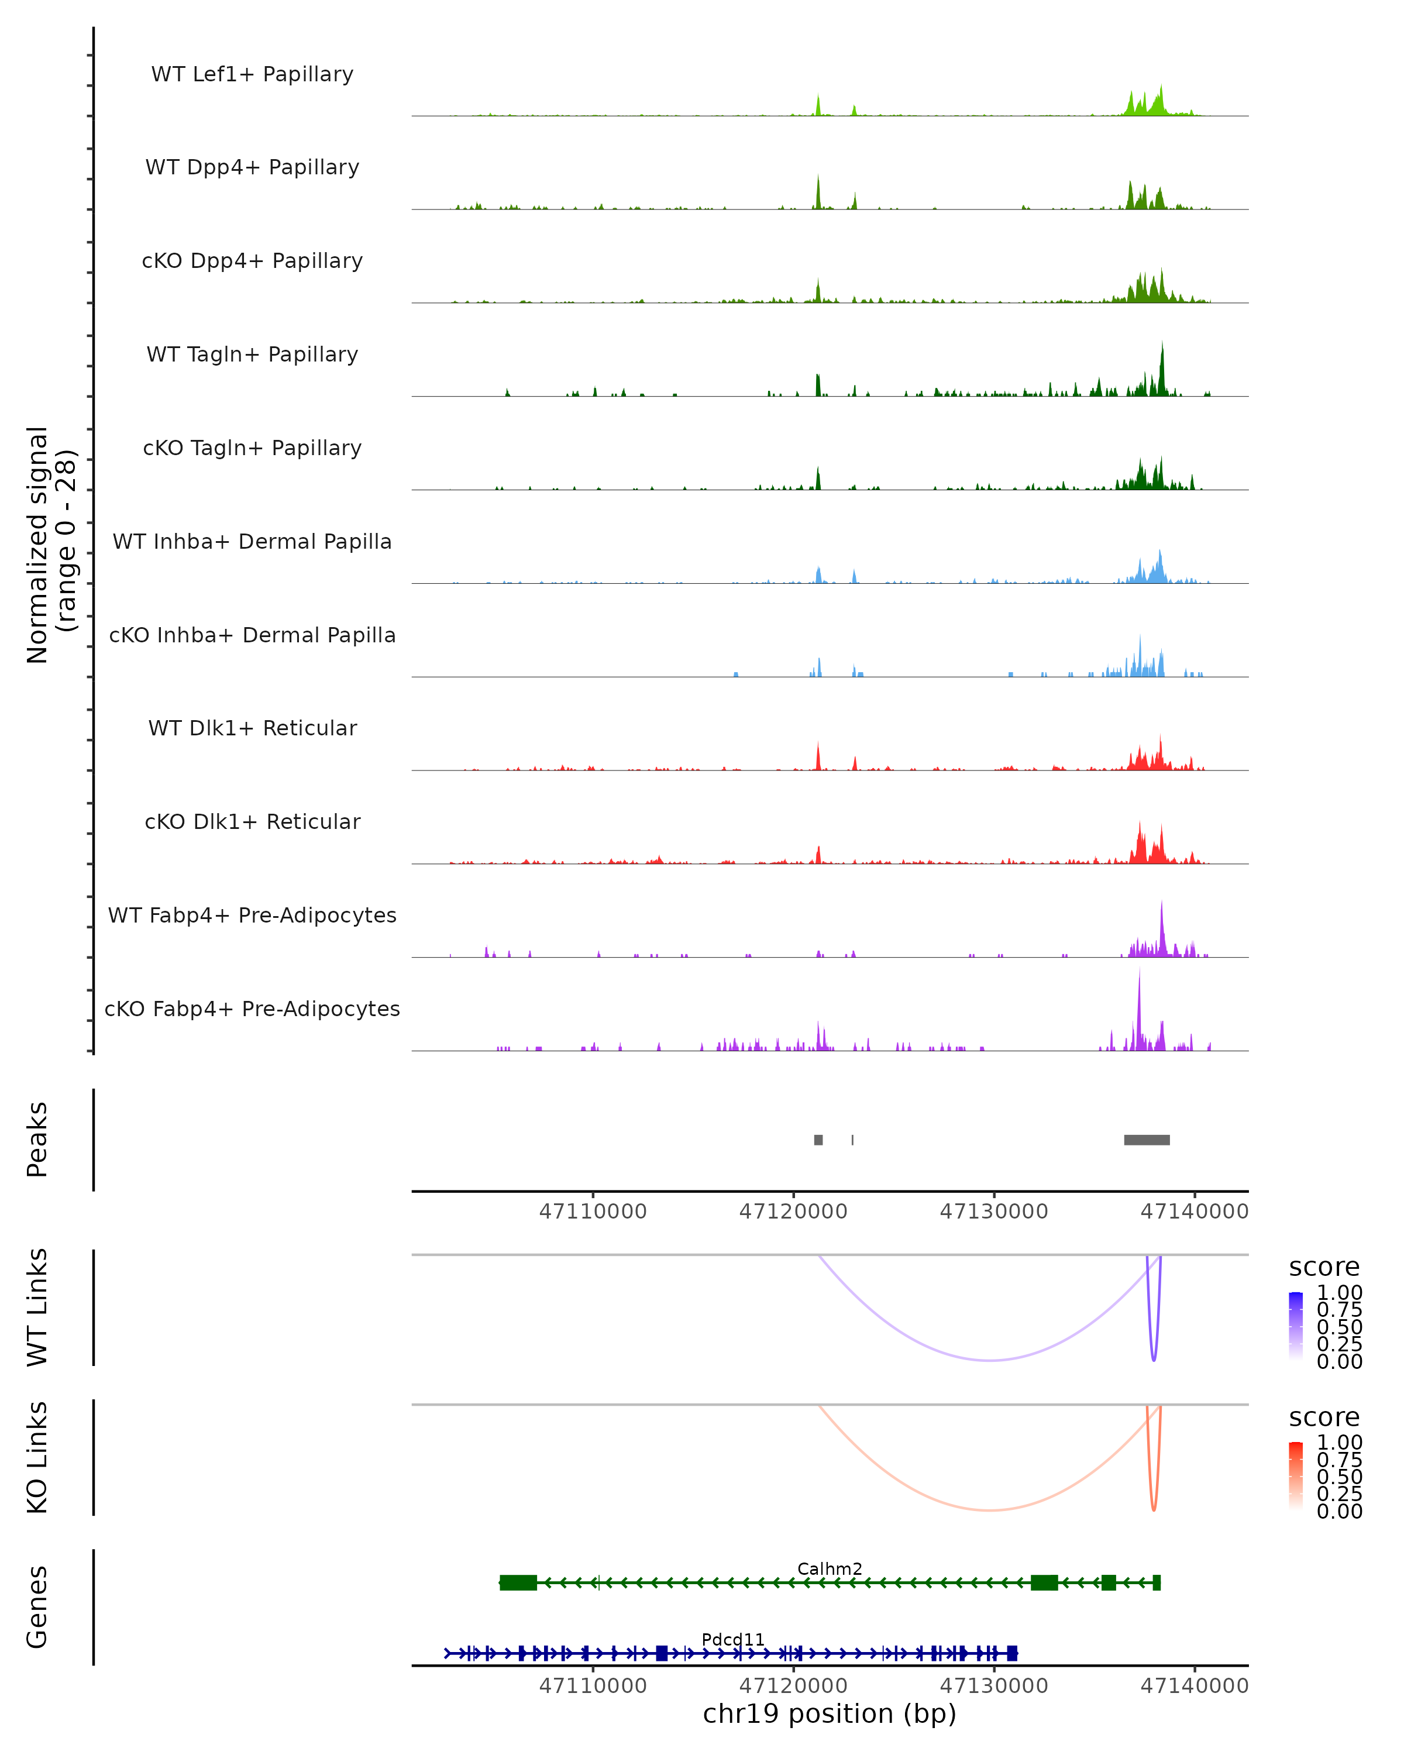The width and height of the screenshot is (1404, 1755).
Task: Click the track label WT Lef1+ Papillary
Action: [252, 74]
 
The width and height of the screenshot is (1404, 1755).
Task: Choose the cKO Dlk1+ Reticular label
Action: [252, 821]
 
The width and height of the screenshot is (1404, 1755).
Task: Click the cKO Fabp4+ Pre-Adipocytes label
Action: [252, 1009]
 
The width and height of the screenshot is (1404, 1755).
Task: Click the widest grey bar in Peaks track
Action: [1146, 1140]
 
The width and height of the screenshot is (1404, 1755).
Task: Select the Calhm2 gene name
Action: [830, 1568]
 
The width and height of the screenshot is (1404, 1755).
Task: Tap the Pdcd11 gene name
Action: [732, 1639]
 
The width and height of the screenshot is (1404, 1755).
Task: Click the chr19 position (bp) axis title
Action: [830, 1713]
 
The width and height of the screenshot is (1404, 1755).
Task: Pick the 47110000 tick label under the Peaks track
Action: [593, 1212]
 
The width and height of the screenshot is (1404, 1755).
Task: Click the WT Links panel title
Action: [37, 1307]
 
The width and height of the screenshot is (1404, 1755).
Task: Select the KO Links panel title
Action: [37, 1457]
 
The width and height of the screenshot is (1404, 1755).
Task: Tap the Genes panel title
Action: [37, 1607]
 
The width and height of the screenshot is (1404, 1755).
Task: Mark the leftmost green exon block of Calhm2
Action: [518, 1582]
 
